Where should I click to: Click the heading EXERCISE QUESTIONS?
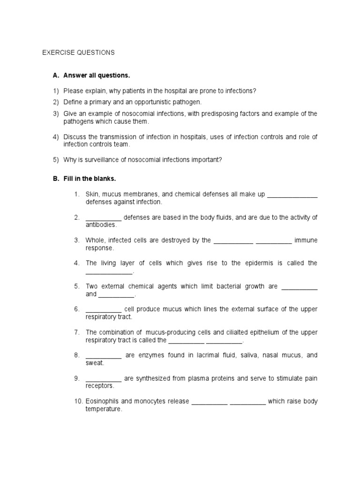point(78,52)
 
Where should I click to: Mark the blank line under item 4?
point(109,272)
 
